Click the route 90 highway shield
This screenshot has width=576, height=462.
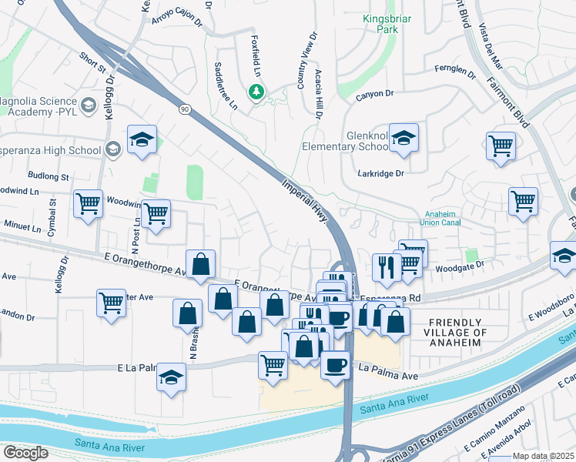pyautogui.click(x=185, y=109)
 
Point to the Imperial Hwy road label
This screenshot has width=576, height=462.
pyautogui.click(x=306, y=202)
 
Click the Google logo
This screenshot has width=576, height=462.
pyautogui.click(x=25, y=452)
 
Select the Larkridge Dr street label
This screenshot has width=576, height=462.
pyautogui.click(x=380, y=173)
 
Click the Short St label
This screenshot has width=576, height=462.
pyautogui.click(x=92, y=61)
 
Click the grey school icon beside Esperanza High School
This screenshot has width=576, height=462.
pyautogui.click(x=114, y=149)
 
